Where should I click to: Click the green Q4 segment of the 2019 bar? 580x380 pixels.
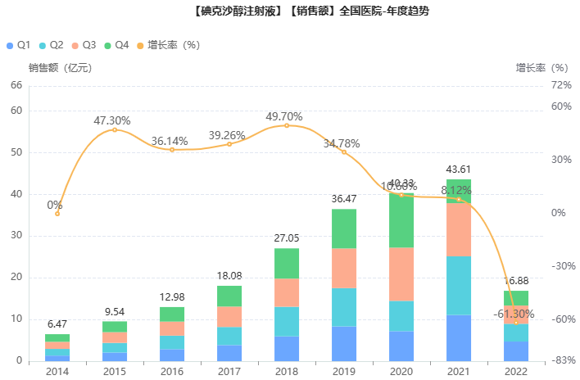344,228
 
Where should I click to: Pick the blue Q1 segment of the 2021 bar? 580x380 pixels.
459,337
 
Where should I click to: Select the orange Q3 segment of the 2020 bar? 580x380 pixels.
401,274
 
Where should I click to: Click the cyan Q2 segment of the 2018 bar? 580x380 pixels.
287,322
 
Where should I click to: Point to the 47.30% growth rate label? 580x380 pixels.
112,120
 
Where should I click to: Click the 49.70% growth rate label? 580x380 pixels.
284,116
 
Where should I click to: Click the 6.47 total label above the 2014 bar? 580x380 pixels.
57,324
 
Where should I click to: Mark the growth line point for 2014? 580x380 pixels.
57,214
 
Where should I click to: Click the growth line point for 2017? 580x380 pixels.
229,144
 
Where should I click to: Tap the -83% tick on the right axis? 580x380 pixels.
562,361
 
